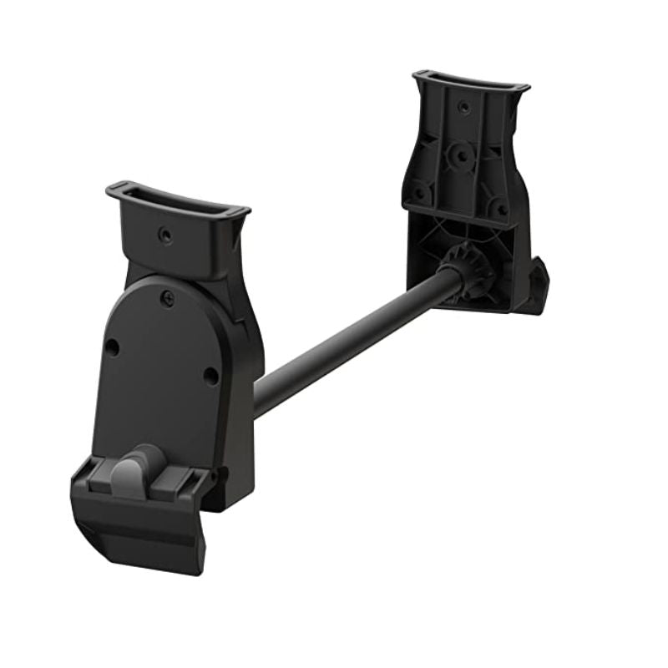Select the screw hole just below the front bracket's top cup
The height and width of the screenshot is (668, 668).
pyautogui.click(x=166, y=236)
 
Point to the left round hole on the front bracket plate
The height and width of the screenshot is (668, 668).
pyautogui.click(x=111, y=347)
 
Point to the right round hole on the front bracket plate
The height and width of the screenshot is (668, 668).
pyautogui.click(x=210, y=375)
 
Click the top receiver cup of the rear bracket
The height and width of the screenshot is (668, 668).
pyautogui.click(x=470, y=87)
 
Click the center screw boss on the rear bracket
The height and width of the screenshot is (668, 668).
pyautogui.click(x=458, y=155)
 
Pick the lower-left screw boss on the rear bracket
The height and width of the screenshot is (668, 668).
pyautogui.click(x=420, y=192)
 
